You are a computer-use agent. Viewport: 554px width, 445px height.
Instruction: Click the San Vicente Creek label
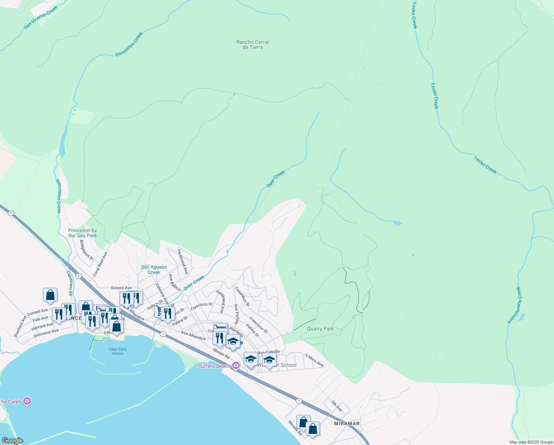pyautogui.click(x=41, y=17)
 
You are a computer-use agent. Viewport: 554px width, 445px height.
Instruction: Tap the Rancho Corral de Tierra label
pyautogui.click(x=253, y=44)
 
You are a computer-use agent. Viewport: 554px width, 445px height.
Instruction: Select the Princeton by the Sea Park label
pyautogui.click(x=83, y=233)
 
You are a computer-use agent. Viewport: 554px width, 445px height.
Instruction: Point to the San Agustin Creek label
pyautogui.click(x=154, y=270)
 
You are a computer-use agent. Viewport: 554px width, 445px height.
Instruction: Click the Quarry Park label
pyautogui.click(x=320, y=329)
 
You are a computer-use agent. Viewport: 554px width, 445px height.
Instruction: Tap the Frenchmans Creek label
pyautogui.click(x=514, y=305)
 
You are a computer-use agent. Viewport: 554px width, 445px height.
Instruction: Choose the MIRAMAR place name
pyautogui.click(x=347, y=423)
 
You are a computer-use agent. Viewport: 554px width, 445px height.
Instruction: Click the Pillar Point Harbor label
pyautogui.click(x=118, y=351)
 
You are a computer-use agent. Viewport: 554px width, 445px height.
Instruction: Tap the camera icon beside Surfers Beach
pyautogui.click(x=236, y=366)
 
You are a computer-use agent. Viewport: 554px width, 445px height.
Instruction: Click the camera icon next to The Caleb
pyautogui.click(x=27, y=401)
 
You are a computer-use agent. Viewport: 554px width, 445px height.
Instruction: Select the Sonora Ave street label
pyautogui.click(x=121, y=288)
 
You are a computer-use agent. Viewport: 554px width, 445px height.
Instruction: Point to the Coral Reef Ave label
pyautogui.click(x=100, y=264)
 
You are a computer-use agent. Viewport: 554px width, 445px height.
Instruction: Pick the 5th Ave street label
pyautogui.click(x=337, y=406)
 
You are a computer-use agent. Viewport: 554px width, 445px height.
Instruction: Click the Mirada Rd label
pyautogui.click(x=295, y=428)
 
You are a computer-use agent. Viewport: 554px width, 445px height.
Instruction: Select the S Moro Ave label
pyautogui.click(x=314, y=360)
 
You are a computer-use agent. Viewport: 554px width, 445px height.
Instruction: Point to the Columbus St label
pyautogui.click(x=243, y=296)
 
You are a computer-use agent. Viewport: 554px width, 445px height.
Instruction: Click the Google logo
pyautogui.click(x=12, y=440)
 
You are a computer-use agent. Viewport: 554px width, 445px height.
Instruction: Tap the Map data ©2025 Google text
pyautogui.click(x=531, y=442)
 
